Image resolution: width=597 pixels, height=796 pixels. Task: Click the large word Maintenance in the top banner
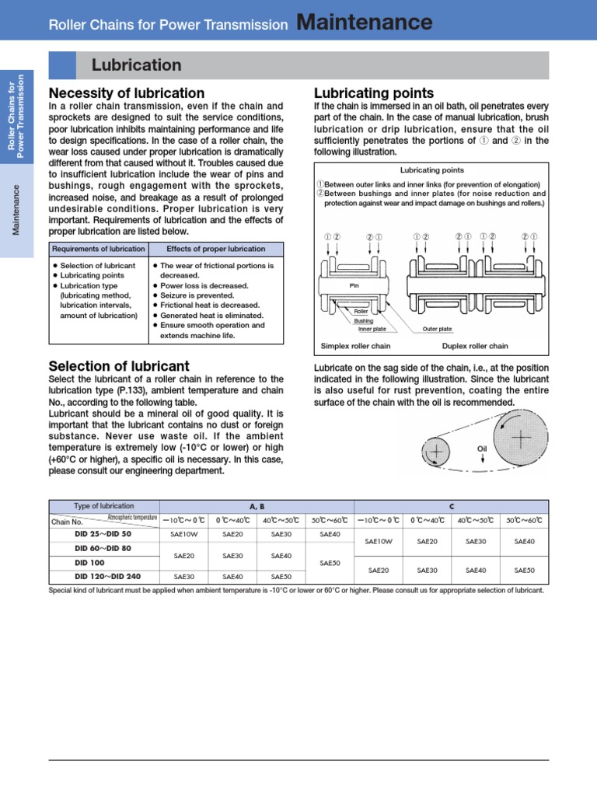click(x=365, y=23)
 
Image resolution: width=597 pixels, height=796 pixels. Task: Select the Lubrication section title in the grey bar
click(x=137, y=65)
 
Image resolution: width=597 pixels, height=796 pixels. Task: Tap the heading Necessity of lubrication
click(x=127, y=93)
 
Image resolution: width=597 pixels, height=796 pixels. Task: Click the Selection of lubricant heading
click(x=119, y=365)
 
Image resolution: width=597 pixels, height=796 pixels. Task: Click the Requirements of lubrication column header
click(x=99, y=249)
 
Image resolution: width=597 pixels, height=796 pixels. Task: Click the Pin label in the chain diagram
click(x=354, y=286)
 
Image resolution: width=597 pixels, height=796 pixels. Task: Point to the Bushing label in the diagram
click(x=364, y=320)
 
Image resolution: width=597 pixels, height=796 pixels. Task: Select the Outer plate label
click(x=437, y=329)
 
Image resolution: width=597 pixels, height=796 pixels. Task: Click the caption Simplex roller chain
click(x=355, y=346)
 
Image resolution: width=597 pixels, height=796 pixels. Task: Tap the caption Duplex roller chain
click(x=475, y=346)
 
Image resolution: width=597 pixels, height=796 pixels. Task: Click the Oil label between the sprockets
click(x=481, y=449)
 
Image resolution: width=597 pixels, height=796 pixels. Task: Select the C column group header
click(x=451, y=506)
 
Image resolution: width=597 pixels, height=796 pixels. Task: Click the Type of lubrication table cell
click(x=103, y=506)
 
